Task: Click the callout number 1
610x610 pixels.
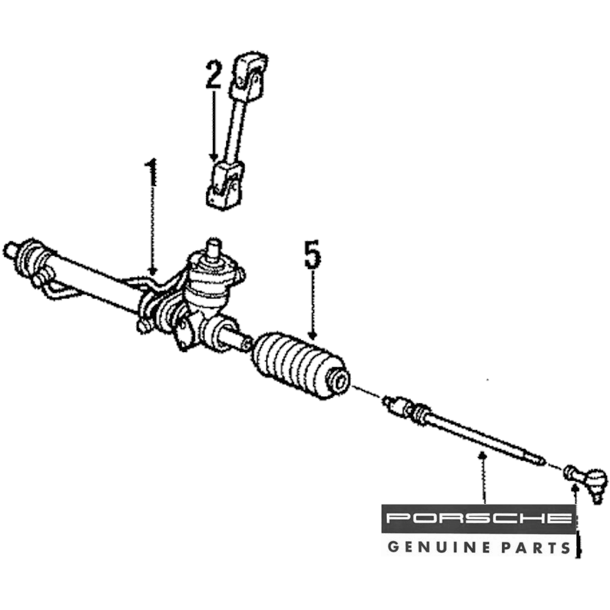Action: click(151, 173)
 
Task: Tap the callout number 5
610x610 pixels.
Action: click(312, 256)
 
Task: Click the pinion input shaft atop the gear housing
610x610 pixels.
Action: click(212, 247)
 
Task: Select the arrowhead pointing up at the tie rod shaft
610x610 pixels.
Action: click(483, 456)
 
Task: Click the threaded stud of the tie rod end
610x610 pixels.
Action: click(597, 497)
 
